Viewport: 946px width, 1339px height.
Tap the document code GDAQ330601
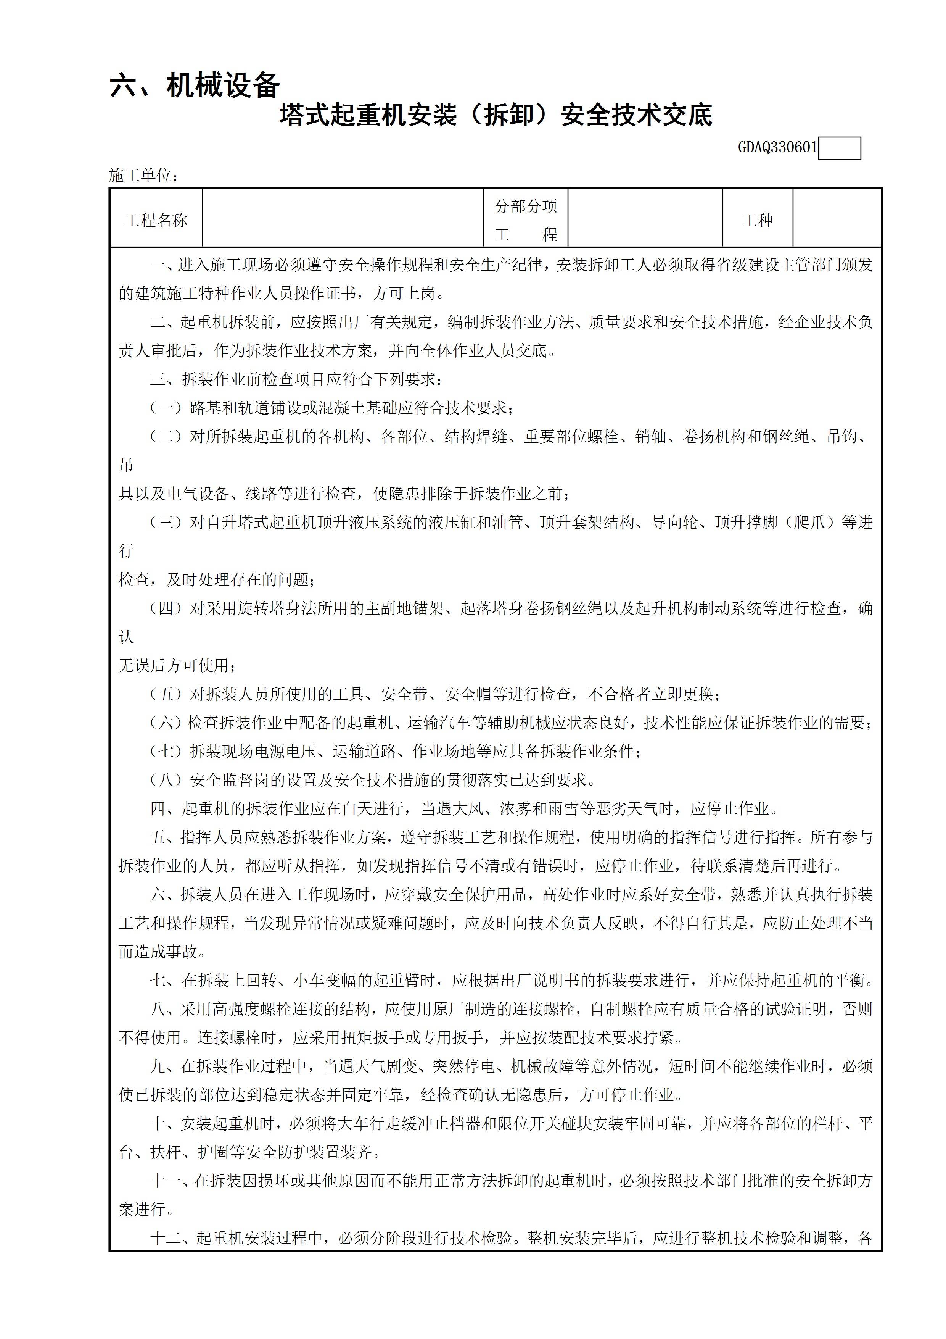click(x=777, y=147)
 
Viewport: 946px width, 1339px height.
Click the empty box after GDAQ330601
click(x=839, y=148)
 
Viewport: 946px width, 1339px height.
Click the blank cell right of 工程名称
click(x=343, y=218)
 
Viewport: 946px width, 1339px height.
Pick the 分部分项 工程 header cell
click(x=526, y=220)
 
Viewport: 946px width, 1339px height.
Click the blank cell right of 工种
click(x=837, y=218)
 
